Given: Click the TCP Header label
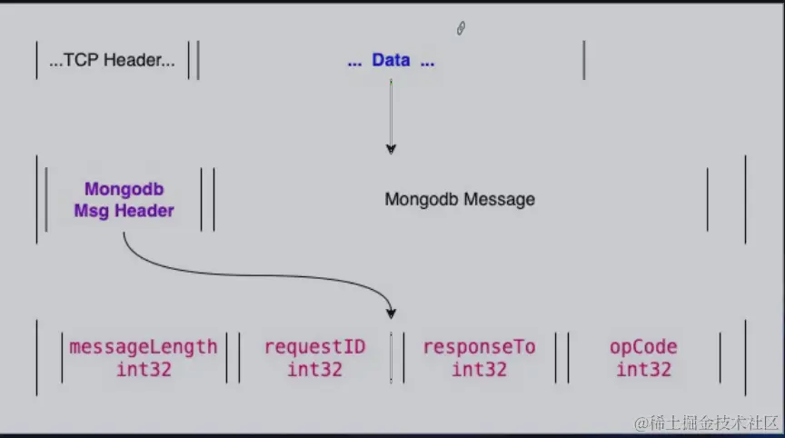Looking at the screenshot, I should (113, 61).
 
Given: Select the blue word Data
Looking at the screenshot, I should (391, 61).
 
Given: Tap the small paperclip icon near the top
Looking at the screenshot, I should (461, 29).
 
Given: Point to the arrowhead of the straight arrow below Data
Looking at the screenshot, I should (391, 148).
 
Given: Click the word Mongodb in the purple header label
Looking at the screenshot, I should (124, 190).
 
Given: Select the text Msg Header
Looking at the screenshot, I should (124, 210).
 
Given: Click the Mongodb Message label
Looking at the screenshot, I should (460, 199).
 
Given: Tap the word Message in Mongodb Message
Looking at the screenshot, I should (500, 199).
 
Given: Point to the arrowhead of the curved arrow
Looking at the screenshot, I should (391, 313).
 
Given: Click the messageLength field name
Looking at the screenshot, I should (144, 347).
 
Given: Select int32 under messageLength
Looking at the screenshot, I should (144, 369).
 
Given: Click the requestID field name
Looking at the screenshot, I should (314, 347).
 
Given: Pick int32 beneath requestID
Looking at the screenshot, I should (314, 369).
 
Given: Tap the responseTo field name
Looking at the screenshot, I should (479, 347).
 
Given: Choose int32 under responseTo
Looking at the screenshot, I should (479, 369).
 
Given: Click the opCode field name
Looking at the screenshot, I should (643, 347).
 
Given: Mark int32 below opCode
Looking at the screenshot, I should (643, 369).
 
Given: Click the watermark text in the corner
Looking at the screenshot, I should (706, 423).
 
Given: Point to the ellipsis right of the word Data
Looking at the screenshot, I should (426, 62).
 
